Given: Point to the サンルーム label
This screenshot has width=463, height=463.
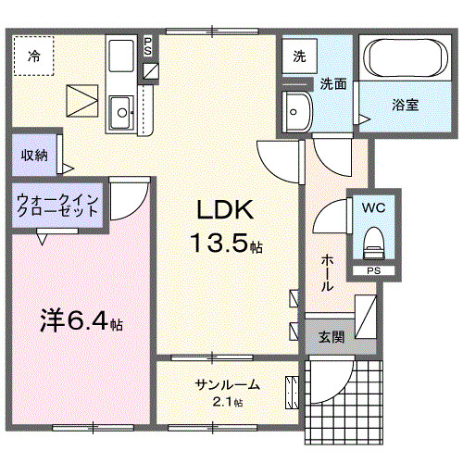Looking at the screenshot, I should point(227,384).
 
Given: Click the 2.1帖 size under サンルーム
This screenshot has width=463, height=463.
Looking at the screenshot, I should point(227,402).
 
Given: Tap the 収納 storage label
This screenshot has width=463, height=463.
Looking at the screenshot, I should point(35,155).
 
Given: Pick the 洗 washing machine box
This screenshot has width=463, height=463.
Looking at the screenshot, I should point(299,56).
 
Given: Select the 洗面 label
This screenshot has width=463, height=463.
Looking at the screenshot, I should point(333,83).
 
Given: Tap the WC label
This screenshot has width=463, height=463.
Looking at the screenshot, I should point(374,207).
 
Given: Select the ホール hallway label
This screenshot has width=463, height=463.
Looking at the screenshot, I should point(327,272).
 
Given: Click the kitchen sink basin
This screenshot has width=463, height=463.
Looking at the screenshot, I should point(121,113).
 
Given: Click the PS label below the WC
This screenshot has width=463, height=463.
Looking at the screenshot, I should point(372,270).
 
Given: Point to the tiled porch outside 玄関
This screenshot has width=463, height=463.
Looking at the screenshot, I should point(343,398).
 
